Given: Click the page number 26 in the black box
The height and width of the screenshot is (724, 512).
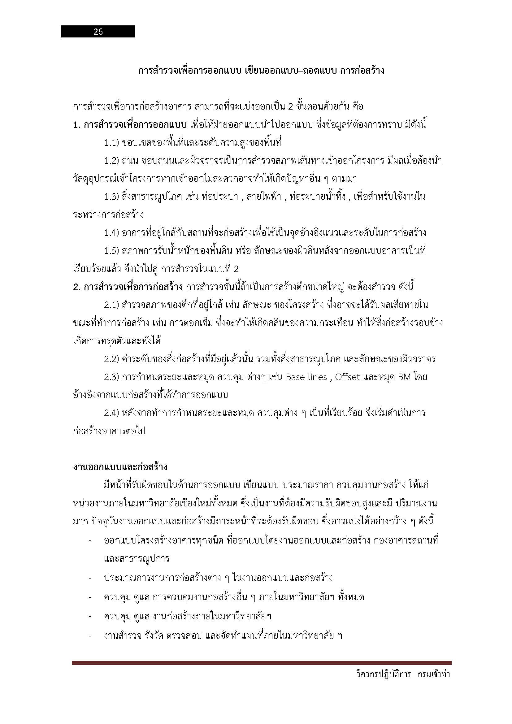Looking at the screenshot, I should pos(98,32).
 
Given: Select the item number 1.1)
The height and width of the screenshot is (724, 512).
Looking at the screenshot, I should pos(111,143).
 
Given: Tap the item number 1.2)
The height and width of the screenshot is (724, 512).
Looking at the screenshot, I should pos(111,161).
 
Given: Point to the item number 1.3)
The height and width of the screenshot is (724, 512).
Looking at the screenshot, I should pos(111,197).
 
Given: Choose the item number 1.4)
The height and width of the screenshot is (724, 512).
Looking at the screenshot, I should pos(111,233).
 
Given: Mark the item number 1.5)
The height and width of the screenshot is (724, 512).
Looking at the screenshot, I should pos(111,251).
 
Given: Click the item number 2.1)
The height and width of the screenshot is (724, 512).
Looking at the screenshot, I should pos(111,305).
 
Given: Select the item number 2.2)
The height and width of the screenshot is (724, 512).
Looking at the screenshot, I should pos(111,359).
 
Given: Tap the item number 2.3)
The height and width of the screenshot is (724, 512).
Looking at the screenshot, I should pos(111,377).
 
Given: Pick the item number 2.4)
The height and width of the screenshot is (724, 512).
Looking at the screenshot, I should pos(111,413).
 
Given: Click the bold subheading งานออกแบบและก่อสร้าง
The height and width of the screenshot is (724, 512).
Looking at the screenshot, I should pos(120,467).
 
